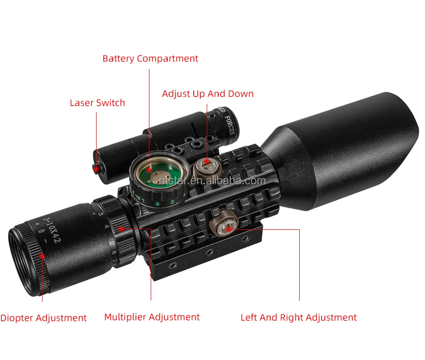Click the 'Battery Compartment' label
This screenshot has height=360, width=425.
pyautogui.click(x=150, y=59)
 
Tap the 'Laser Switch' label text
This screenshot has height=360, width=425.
pyautogui.click(x=98, y=103)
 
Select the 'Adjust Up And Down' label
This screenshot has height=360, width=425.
pyautogui.click(x=208, y=94)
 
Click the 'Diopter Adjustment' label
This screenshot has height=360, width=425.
pyautogui.click(x=43, y=318)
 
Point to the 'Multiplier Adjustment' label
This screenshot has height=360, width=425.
pyautogui.click(x=152, y=317)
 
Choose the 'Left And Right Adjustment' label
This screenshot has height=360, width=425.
pyautogui.click(x=298, y=318)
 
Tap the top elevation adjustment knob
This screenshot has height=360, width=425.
pyautogui.click(x=206, y=168)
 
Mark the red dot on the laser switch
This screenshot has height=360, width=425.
pyautogui.click(x=96, y=168)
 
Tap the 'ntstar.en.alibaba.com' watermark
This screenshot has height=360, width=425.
pyautogui.click(x=212, y=180)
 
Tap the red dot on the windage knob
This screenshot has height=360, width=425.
pyautogui.click(x=229, y=228)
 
